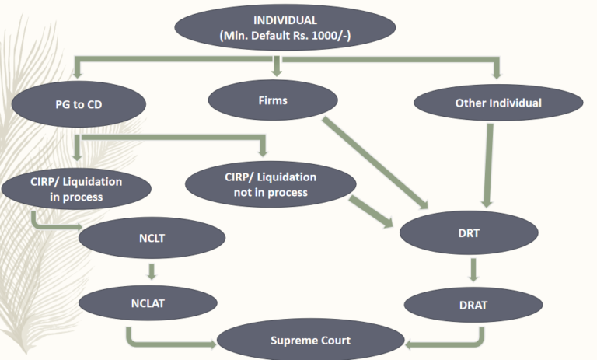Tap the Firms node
click(272, 100)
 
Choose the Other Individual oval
click(498, 103)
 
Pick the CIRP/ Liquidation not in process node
click(271, 184)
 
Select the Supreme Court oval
click(310, 341)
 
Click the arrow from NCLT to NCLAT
click(152, 271)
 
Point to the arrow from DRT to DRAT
click(472, 268)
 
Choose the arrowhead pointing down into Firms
click(273, 72)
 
